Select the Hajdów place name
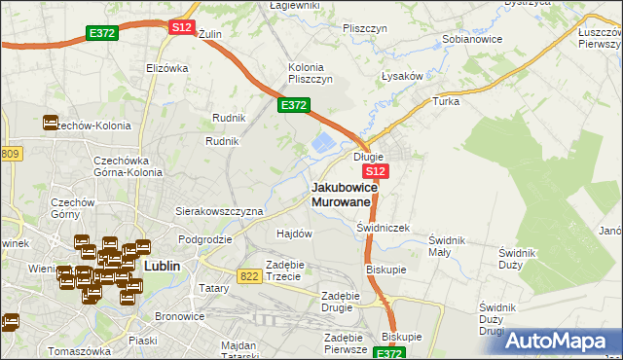[x=294, y=234]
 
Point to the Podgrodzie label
[x=204, y=238]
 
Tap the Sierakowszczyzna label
[x=219, y=210]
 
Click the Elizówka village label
[x=165, y=68]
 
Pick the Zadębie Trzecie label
[x=289, y=270]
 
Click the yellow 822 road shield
[x=249, y=276]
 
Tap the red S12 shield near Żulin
[x=181, y=27]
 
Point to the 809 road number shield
[x=10, y=154]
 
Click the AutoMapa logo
[x=563, y=340]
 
